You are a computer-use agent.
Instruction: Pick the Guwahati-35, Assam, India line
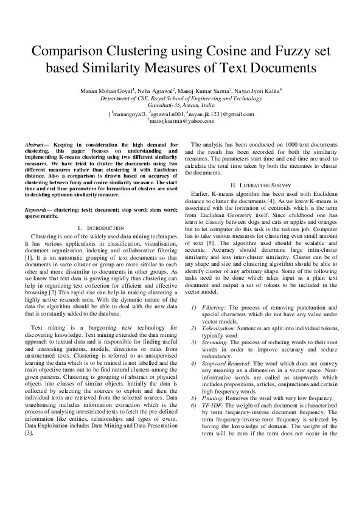(181, 104)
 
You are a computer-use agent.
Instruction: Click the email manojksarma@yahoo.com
(181, 121)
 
